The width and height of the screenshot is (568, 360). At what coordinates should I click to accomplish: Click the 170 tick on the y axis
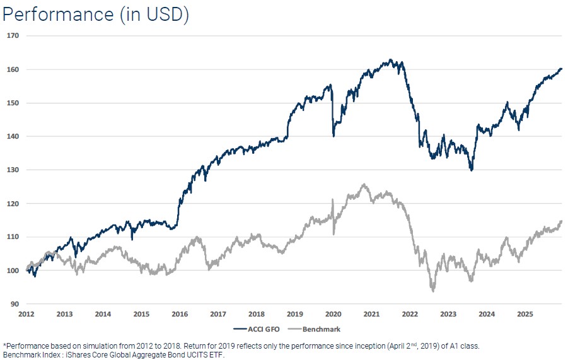(x=13, y=36)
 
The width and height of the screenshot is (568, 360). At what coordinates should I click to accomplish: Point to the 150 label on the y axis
(x=13, y=103)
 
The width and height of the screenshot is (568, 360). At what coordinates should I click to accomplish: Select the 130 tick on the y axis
(x=13, y=170)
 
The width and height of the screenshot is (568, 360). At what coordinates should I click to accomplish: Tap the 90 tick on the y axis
(x=14, y=304)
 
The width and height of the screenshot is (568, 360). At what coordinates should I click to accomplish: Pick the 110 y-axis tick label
(x=13, y=237)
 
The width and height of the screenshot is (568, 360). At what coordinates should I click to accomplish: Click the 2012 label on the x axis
(x=26, y=313)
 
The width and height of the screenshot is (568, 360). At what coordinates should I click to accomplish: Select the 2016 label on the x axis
(x=180, y=313)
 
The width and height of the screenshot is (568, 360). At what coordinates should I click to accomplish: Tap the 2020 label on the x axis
(x=333, y=313)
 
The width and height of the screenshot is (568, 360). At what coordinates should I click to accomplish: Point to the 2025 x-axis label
(x=525, y=313)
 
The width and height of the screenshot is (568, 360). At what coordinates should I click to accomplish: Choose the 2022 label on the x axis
(x=410, y=313)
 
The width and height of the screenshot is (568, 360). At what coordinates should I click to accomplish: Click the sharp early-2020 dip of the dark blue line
(x=333, y=136)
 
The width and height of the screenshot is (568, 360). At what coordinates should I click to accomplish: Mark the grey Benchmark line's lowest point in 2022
(x=433, y=291)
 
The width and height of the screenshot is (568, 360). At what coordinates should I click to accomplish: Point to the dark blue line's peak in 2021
(x=391, y=60)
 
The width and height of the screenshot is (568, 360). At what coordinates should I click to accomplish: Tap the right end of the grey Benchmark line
(x=561, y=221)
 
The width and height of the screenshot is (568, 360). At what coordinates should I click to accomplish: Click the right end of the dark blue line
(x=561, y=69)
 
